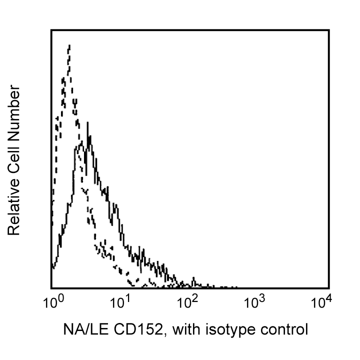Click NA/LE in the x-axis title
81,330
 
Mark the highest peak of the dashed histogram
69,45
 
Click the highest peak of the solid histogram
88,123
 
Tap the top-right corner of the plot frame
328,30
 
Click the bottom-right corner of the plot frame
328,288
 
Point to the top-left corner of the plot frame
51,30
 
